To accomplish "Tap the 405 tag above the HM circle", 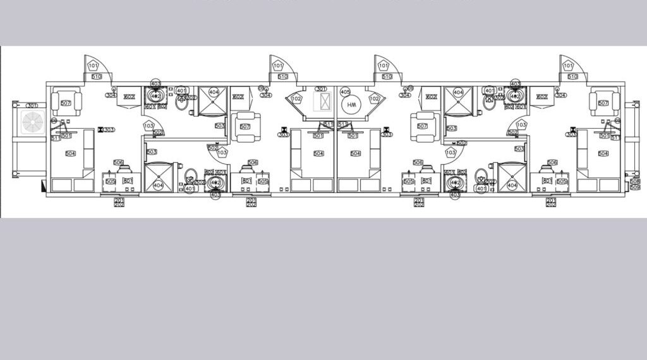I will (345, 92).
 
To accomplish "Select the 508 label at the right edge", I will (634, 181).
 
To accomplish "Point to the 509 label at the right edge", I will (634, 187).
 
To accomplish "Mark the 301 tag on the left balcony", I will (32, 105).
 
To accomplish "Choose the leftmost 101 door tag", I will (94, 66).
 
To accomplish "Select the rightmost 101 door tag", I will (568, 66).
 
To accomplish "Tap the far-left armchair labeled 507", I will (66, 103).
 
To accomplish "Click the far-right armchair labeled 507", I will (603, 103).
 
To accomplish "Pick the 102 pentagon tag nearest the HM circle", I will (374, 99).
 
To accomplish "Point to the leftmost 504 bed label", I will (71, 153).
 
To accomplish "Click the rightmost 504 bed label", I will (603, 153).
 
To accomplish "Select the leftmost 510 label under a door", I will (97, 76).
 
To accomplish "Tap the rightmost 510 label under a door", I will (573, 76).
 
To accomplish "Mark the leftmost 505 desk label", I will (111, 181).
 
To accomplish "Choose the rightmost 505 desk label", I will (562, 181).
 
